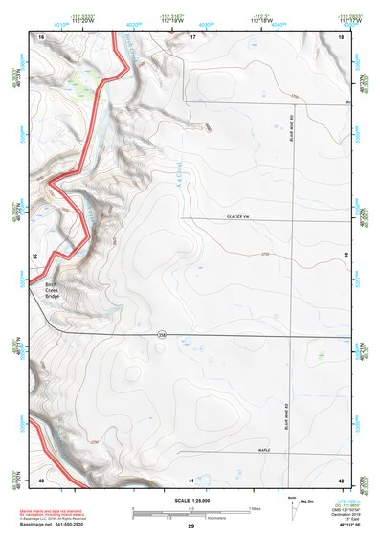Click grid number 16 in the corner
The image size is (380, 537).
[x=41, y=35]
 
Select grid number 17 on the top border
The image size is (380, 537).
[x=192, y=35]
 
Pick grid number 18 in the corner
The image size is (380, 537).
[x=342, y=35]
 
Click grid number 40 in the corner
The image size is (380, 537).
[x=41, y=479]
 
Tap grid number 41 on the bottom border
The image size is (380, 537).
[x=192, y=479]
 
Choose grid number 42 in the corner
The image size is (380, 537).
[x=342, y=479]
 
